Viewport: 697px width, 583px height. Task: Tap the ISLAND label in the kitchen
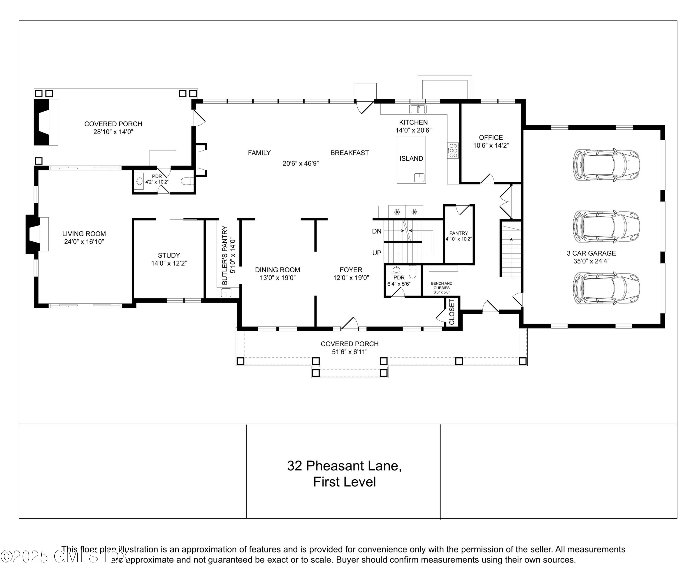(x=411, y=159)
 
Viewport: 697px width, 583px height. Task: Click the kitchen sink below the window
(x=418, y=109)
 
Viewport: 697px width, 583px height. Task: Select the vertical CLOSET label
(x=452, y=312)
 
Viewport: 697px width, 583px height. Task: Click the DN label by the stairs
(x=377, y=231)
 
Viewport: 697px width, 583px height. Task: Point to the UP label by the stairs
(x=377, y=253)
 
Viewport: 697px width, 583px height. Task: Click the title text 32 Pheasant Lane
(x=344, y=466)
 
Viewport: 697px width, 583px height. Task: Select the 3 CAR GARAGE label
(x=591, y=253)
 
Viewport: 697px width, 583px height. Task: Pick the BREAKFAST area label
(x=349, y=153)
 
